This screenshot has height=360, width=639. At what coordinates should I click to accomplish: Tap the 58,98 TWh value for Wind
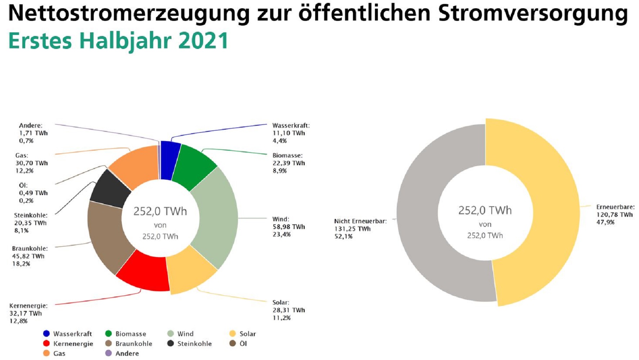tap(289, 227)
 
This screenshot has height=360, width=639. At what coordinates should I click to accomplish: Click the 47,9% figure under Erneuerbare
tap(605, 222)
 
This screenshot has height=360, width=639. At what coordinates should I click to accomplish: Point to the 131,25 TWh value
tap(352, 229)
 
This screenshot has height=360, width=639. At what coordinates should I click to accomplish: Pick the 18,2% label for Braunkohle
tap(21, 264)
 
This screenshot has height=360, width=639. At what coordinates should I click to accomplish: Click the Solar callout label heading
tap(281, 302)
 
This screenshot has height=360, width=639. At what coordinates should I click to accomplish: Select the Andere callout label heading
tap(31, 126)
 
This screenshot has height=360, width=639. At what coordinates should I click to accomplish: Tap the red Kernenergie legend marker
tap(46, 343)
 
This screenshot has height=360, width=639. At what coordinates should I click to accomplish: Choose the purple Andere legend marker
tap(108, 353)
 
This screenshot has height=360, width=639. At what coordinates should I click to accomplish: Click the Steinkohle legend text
tap(195, 344)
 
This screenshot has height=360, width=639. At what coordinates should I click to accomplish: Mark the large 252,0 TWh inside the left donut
tap(160, 211)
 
